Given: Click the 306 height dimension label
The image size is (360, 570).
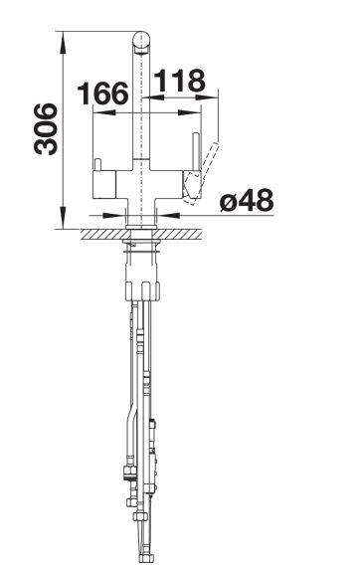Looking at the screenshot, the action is point(46,129).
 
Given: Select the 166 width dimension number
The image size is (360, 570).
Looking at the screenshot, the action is point(103,94).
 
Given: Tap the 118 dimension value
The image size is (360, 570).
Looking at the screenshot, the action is point(180,81).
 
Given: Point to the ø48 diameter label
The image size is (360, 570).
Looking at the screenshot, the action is point(247,200).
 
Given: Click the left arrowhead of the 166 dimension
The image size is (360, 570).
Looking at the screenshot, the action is point(104,112).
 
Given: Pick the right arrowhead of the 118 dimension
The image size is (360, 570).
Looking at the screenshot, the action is point(207,97).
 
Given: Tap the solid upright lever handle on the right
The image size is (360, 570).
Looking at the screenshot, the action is point(196,151).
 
